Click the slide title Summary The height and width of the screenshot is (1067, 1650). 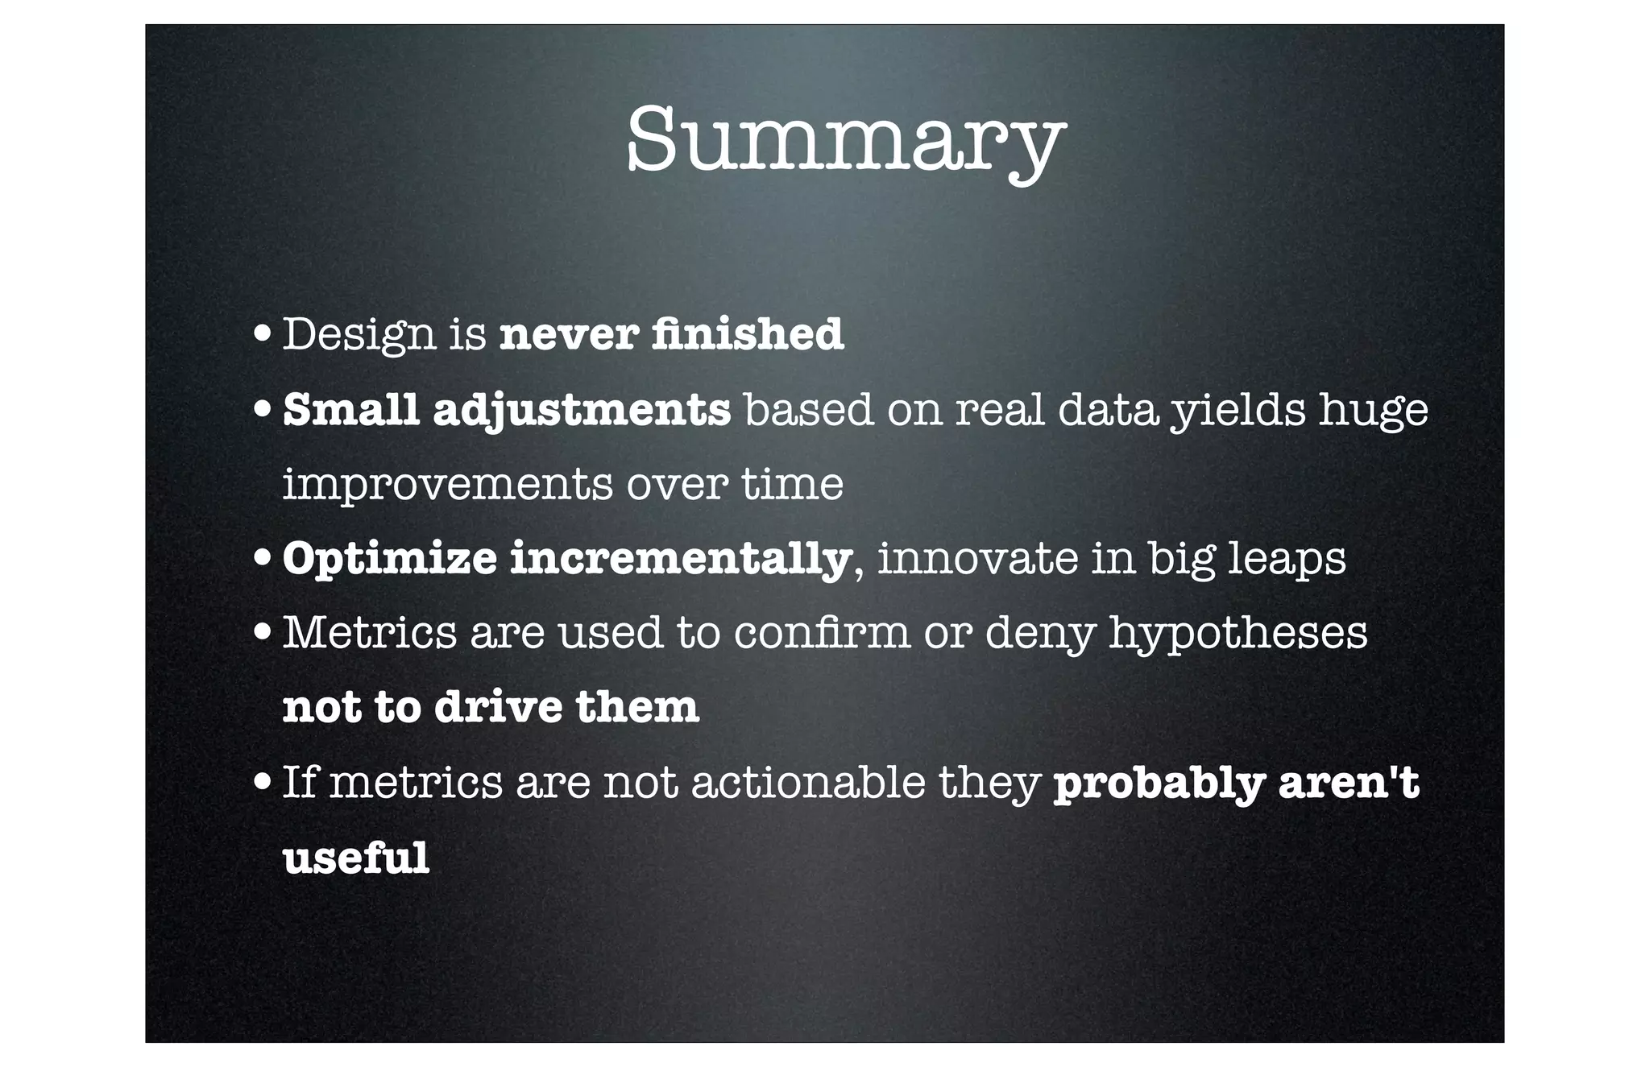click(845, 142)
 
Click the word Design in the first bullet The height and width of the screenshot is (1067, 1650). click(359, 335)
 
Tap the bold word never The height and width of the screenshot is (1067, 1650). click(569, 335)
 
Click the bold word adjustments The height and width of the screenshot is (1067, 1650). click(582, 411)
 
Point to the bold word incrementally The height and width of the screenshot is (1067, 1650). click(681, 560)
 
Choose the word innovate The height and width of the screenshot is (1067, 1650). click(976, 558)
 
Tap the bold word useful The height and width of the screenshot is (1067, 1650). click(355, 857)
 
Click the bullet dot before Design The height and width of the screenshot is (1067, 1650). click(261, 335)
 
